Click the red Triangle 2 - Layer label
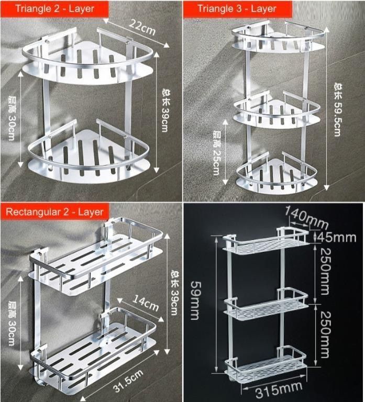tap(54, 8)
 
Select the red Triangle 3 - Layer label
tap(237, 8)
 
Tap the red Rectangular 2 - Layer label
tap(54, 211)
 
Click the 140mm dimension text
tap(306, 213)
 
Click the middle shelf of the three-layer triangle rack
tap(276, 111)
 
